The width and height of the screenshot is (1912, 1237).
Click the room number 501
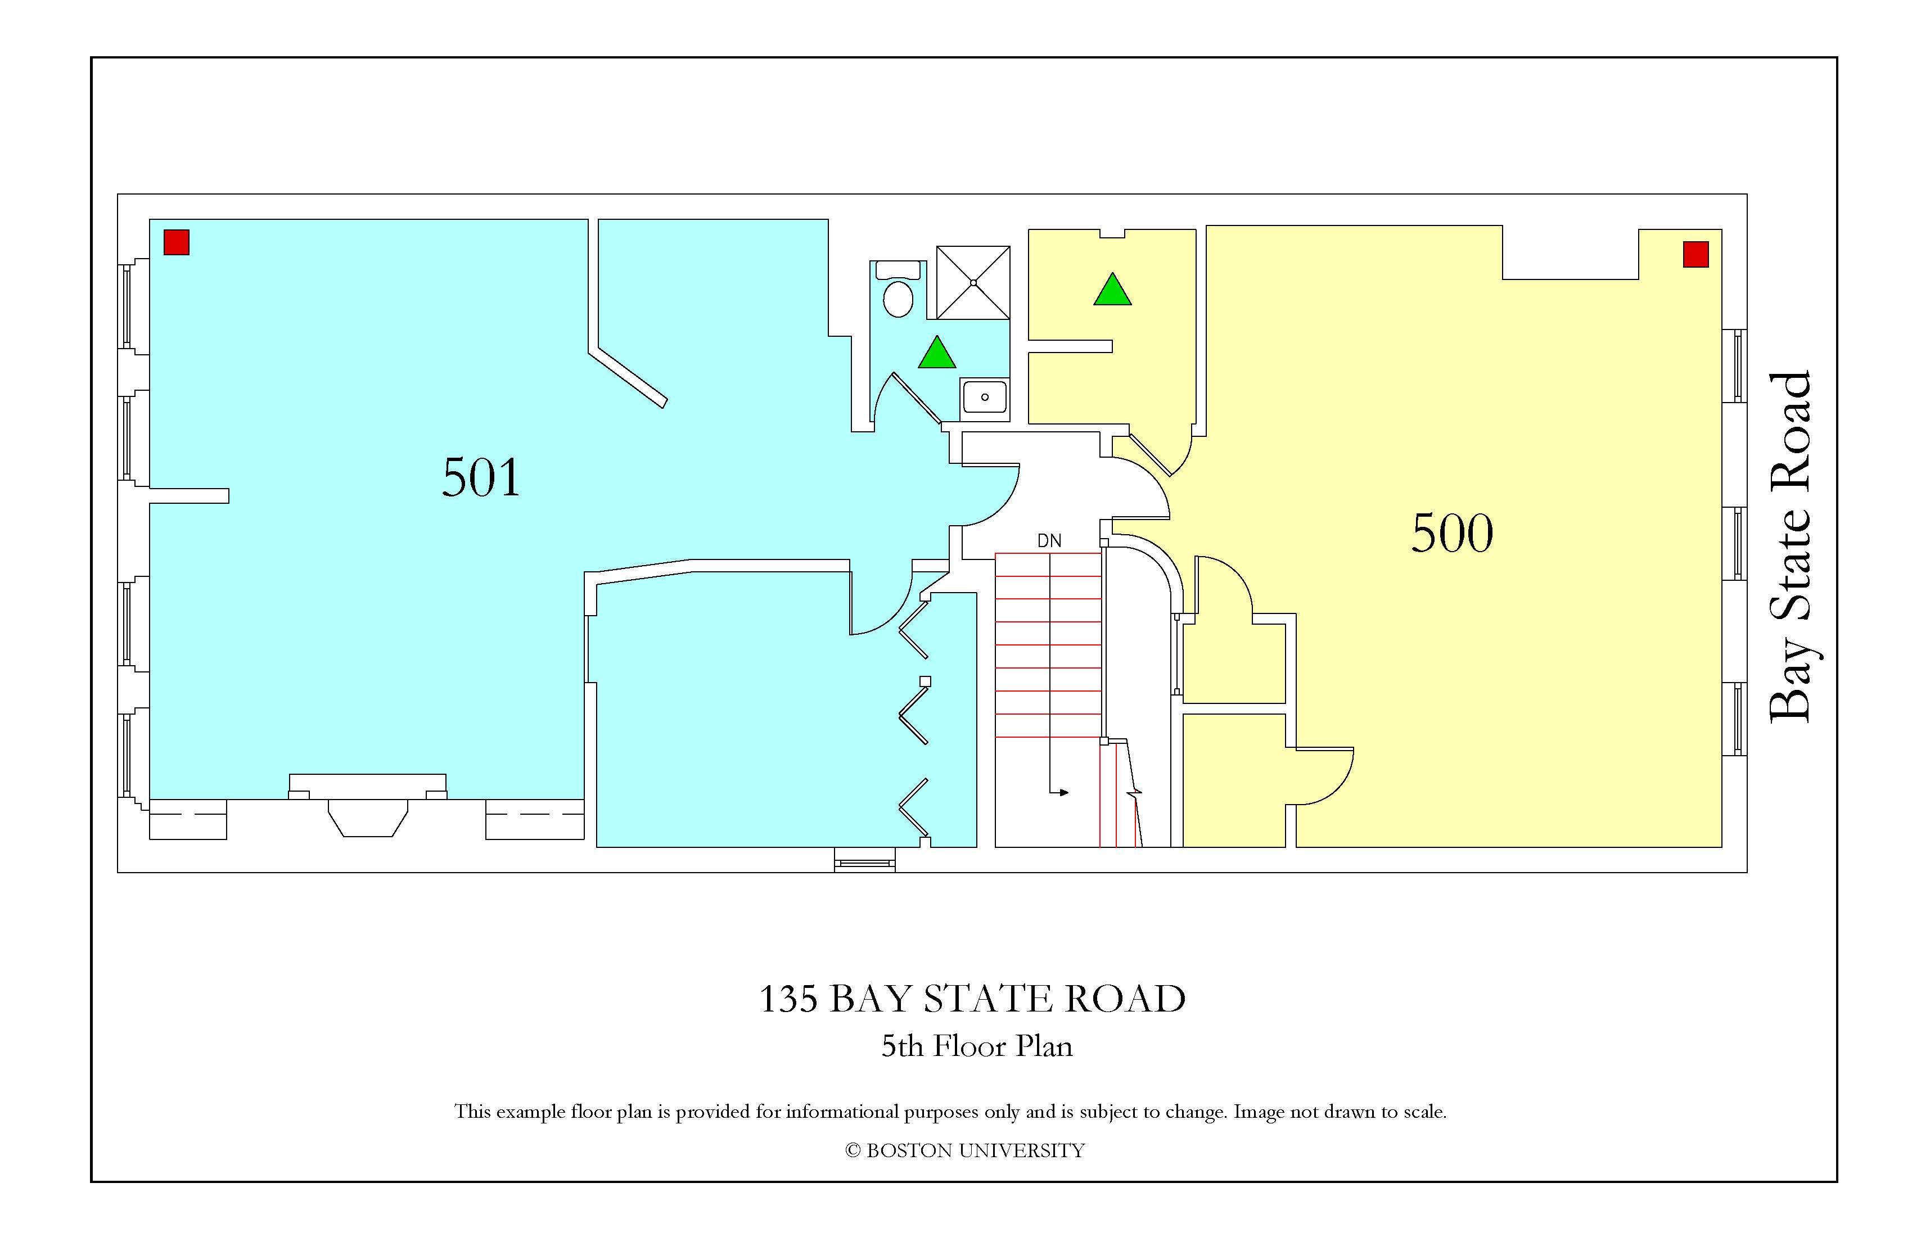coord(481,477)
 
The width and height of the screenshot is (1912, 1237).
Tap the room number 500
coord(1453,534)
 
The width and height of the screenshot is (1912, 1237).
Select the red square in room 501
coord(177,242)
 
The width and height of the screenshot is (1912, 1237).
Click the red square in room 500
coord(1696,254)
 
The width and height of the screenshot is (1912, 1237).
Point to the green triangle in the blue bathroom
coord(937,354)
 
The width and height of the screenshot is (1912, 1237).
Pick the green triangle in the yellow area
coord(1113,290)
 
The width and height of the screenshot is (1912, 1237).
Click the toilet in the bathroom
coord(898,289)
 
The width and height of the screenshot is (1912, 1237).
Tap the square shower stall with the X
coord(973,283)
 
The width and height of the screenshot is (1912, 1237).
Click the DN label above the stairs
coord(1049,540)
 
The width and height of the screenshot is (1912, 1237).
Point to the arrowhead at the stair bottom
coord(1063,793)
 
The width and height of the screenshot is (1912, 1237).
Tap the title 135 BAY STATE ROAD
coord(972,999)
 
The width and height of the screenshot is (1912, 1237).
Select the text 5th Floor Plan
coord(977,1046)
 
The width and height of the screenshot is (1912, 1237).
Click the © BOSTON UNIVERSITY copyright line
coord(965,1150)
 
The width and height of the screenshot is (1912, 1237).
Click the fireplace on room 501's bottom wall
coord(367,806)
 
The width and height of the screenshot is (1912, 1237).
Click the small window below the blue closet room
coord(864,860)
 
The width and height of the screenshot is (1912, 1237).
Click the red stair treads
coord(1048,645)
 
